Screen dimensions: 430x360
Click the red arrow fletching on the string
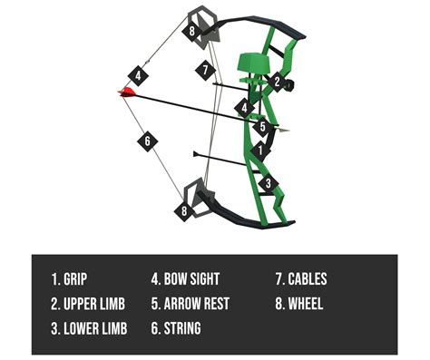pos(125,91)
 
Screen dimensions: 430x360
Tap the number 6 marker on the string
pos(148,140)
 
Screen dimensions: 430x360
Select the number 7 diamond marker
pos(206,71)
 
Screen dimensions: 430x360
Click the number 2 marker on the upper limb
pos(278,81)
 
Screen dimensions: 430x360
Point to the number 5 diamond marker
pos(262,128)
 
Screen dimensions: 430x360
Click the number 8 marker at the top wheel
pos(192,31)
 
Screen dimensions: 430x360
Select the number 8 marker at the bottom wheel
pos(185,211)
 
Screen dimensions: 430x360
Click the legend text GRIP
pos(79,280)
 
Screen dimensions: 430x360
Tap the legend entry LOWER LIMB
pos(90,327)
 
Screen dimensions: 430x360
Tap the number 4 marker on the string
pos(139,75)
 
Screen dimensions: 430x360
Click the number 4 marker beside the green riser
pos(243,108)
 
